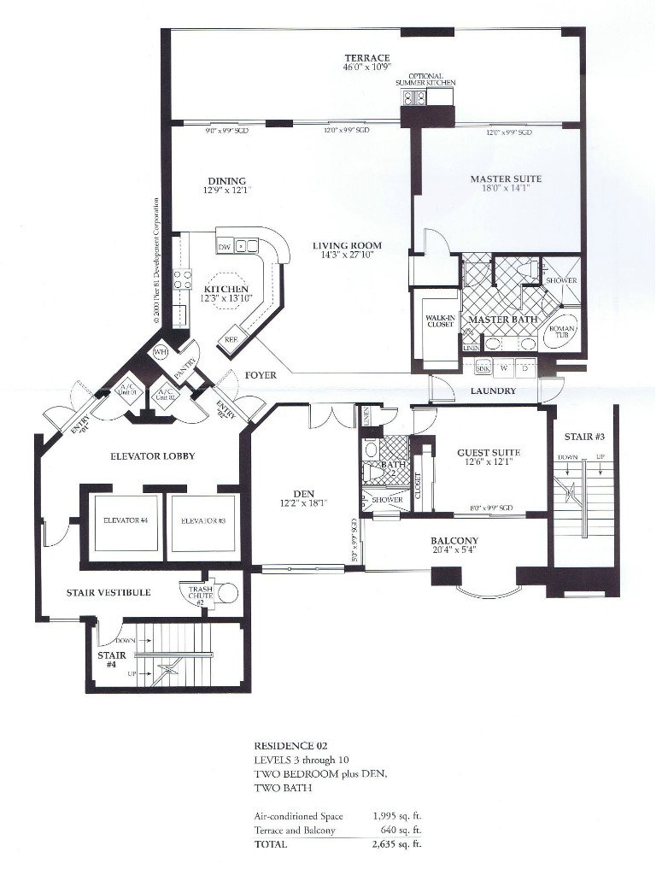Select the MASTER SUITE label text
click(x=506, y=179)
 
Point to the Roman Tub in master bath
click(x=562, y=332)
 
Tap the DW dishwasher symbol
click(x=225, y=247)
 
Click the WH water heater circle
click(x=160, y=352)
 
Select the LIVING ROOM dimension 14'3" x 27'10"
click(x=346, y=255)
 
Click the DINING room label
click(x=226, y=180)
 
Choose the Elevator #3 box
click(x=198, y=520)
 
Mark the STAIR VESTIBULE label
click(x=108, y=591)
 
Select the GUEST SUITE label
click(x=489, y=452)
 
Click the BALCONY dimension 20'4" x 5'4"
click(x=454, y=550)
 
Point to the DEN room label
click(x=304, y=493)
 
